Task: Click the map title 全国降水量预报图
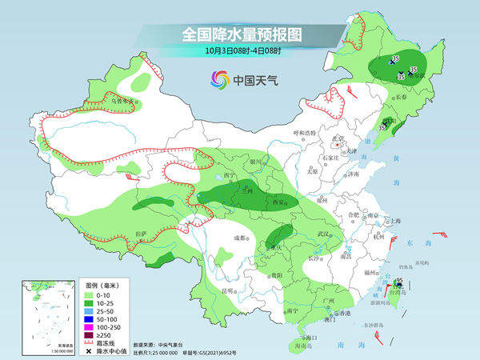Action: pos(243,34)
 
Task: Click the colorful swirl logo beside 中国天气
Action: pos(219,79)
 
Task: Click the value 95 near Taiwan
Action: pos(398,279)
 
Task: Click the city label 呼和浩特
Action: pos(303,132)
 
